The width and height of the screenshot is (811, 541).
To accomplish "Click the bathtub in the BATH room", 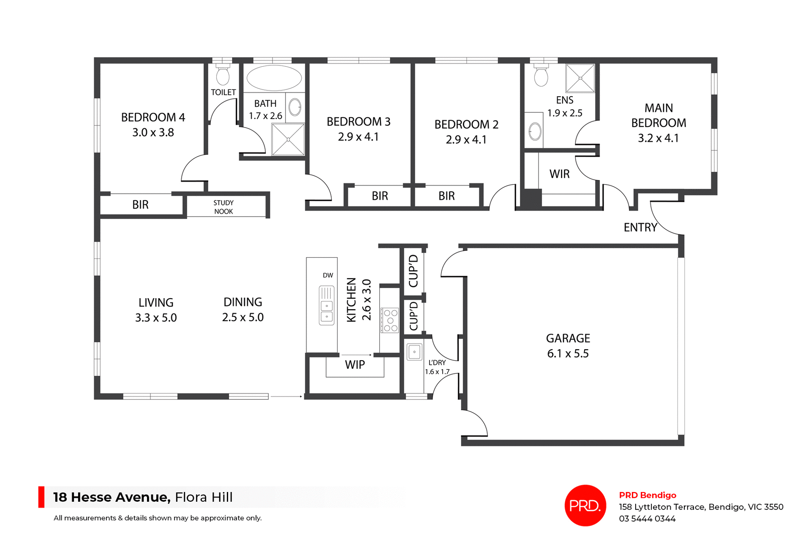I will click(274, 78).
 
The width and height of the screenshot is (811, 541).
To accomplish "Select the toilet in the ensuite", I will click(541, 76).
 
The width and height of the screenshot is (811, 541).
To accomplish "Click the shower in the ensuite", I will click(580, 78).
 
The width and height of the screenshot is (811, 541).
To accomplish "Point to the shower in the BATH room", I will click(288, 139).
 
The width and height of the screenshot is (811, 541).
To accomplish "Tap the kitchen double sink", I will click(327, 305).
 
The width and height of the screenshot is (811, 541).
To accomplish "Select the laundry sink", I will click(414, 351).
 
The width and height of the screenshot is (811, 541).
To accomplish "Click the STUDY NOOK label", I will click(223, 207).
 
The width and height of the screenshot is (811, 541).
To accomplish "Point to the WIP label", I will click(355, 365).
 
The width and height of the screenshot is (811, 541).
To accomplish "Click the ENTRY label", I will click(640, 228).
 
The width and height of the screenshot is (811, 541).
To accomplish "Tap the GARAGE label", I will click(568, 338).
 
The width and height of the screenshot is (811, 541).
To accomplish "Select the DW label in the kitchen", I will click(328, 275).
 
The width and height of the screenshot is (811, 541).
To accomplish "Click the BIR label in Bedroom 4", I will click(140, 205).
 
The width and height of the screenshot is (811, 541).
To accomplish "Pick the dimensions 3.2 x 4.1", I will click(658, 138).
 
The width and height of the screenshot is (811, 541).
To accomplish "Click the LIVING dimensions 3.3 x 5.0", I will click(156, 318).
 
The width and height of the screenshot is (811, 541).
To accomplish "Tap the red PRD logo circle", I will click(585, 505).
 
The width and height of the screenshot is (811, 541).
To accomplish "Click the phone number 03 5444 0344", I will click(647, 519).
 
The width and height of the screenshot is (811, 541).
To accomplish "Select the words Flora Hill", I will click(204, 497).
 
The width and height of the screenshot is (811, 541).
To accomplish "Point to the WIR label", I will click(559, 174).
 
